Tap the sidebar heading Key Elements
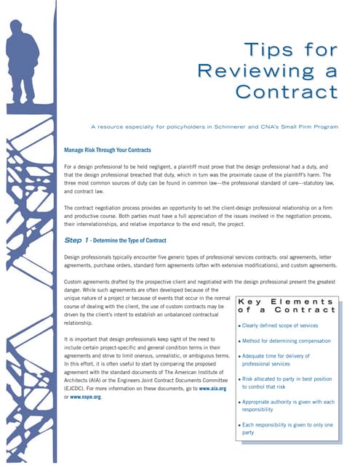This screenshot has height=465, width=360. click(x=287, y=300)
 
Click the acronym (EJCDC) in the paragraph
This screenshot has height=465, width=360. click(x=79, y=389)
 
